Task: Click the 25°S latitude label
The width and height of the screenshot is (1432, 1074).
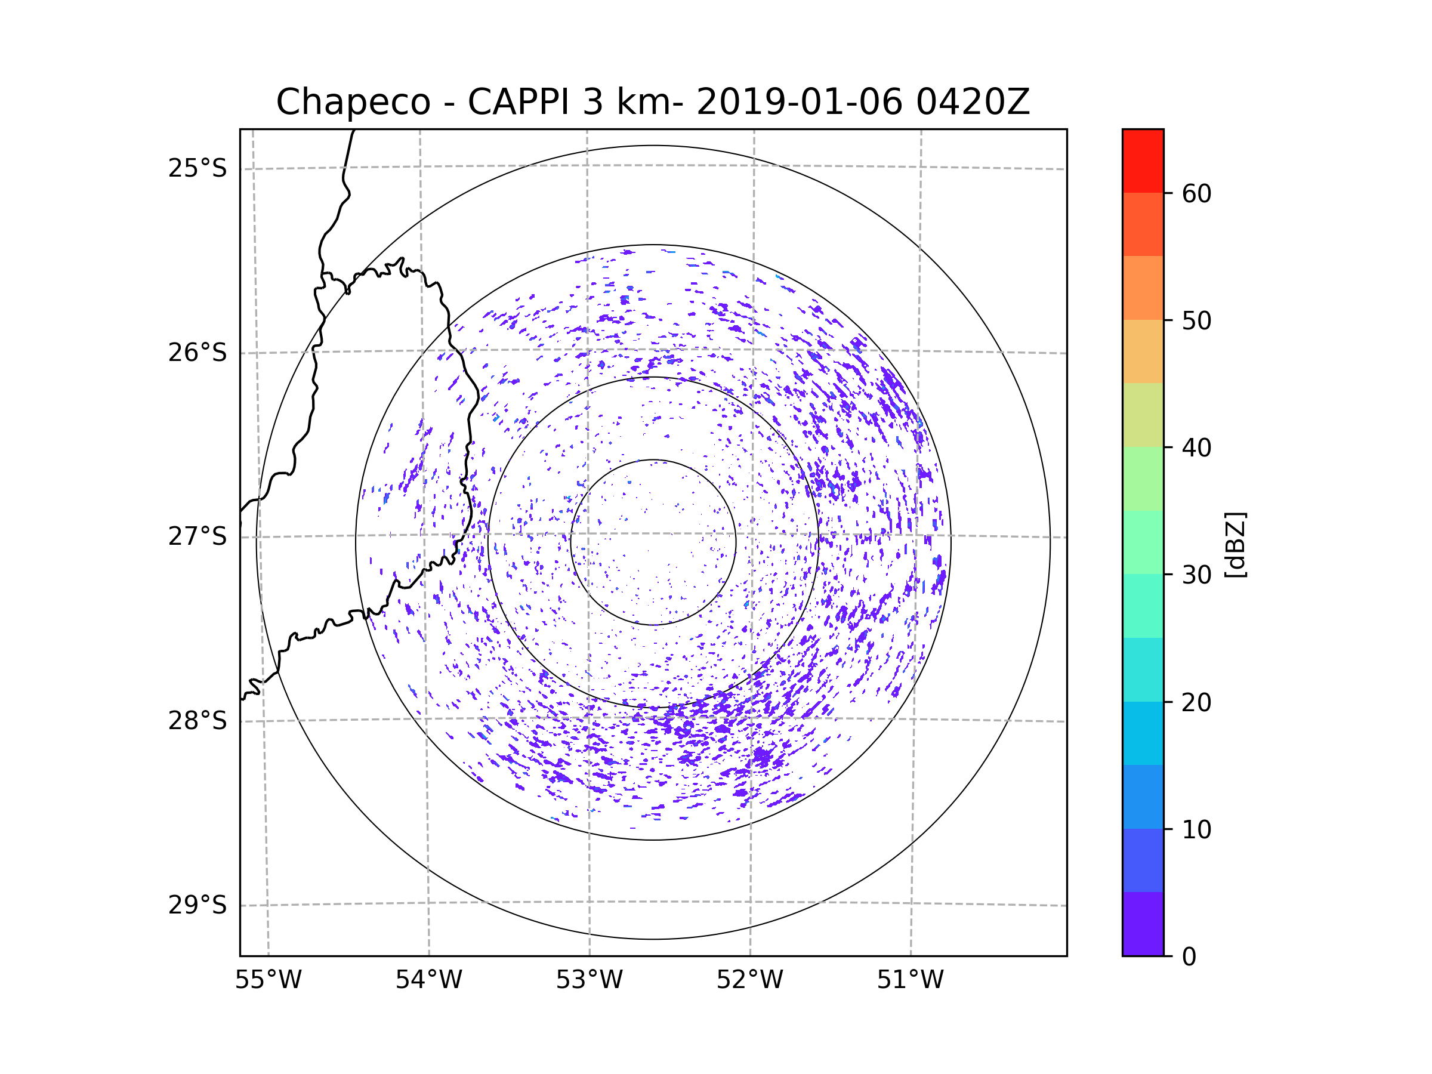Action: (197, 168)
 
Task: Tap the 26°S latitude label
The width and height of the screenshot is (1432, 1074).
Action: (197, 353)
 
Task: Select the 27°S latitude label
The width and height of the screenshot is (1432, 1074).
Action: (197, 536)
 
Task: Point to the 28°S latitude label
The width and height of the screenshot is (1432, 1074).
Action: (197, 721)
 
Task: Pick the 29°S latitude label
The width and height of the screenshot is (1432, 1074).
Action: (197, 905)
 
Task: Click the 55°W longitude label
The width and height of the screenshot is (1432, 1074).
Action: (268, 980)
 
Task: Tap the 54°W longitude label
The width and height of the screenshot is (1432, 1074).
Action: (428, 980)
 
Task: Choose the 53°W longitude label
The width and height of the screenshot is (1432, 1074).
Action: (589, 980)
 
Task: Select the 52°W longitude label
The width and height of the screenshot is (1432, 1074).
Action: (749, 980)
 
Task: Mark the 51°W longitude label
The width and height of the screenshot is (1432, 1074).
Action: (910, 980)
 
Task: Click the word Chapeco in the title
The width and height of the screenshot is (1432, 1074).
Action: (353, 102)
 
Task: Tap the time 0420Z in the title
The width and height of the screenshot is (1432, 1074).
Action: (973, 102)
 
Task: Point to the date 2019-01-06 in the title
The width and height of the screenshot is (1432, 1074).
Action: (799, 102)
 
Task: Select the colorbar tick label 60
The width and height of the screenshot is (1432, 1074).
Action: (1196, 193)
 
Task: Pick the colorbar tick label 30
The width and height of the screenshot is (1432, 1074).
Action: (1196, 575)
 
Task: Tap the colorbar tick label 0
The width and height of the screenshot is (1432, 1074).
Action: (1189, 957)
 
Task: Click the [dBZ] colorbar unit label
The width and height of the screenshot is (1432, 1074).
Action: (1235, 544)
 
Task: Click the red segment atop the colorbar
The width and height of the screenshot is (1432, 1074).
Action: (1143, 161)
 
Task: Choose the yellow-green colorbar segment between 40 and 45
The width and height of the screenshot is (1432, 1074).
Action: (1143, 415)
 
